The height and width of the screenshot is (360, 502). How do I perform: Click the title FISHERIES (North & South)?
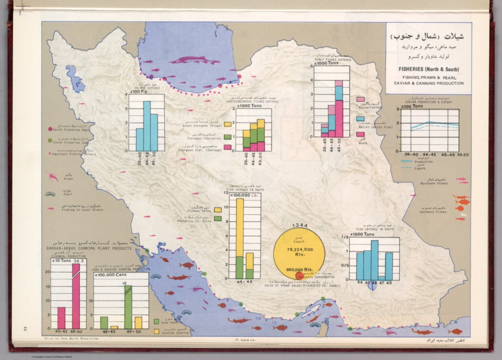click(428, 69)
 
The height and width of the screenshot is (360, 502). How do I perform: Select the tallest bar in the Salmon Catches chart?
click(147, 126)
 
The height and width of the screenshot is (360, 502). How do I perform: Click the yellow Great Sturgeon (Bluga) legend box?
click(228, 125)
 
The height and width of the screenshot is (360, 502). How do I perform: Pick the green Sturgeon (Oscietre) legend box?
click(228, 137)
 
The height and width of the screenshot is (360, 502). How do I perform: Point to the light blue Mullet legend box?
click(360, 119)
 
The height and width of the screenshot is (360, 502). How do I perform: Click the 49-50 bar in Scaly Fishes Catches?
click(339, 109)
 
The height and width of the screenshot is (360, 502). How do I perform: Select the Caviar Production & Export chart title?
click(428, 100)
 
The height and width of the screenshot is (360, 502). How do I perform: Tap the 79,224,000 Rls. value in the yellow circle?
click(300, 251)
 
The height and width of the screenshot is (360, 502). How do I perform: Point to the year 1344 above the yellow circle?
click(300, 226)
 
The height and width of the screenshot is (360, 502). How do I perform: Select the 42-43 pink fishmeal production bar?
click(61, 317)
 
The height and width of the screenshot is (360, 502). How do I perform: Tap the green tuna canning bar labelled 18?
click(128, 307)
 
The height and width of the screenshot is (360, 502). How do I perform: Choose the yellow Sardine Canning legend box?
click(157, 331)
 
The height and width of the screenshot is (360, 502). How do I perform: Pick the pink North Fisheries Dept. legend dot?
click(50, 129)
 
